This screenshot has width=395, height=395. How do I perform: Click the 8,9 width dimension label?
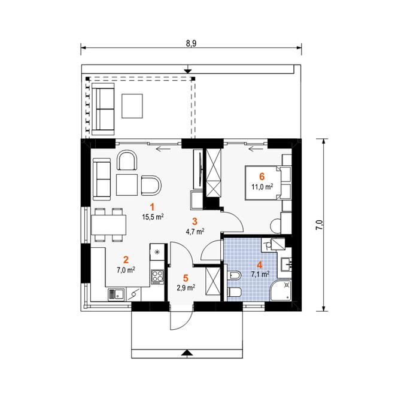(191, 44)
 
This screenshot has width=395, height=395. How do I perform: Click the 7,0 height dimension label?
(320, 224)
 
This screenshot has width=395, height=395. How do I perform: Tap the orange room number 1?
(152, 207)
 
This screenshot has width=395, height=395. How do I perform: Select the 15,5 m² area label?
(153, 217)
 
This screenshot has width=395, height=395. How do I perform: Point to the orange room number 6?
(262, 177)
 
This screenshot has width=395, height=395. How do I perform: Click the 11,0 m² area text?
(262, 187)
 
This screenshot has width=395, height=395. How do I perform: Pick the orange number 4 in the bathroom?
(260, 265)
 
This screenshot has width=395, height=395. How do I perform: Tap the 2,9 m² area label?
(186, 288)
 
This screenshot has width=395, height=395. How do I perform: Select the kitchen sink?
(116, 294)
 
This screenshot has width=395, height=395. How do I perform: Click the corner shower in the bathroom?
(281, 290)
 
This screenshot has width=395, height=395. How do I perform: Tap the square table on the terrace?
(132, 106)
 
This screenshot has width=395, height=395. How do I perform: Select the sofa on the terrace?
(102, 109)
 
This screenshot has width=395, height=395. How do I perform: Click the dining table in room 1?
(109, 225)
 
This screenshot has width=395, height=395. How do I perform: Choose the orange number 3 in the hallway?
(195, 221)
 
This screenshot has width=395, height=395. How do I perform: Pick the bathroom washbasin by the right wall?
(286, 265)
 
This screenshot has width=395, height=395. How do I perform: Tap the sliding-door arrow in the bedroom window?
(255, 150)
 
